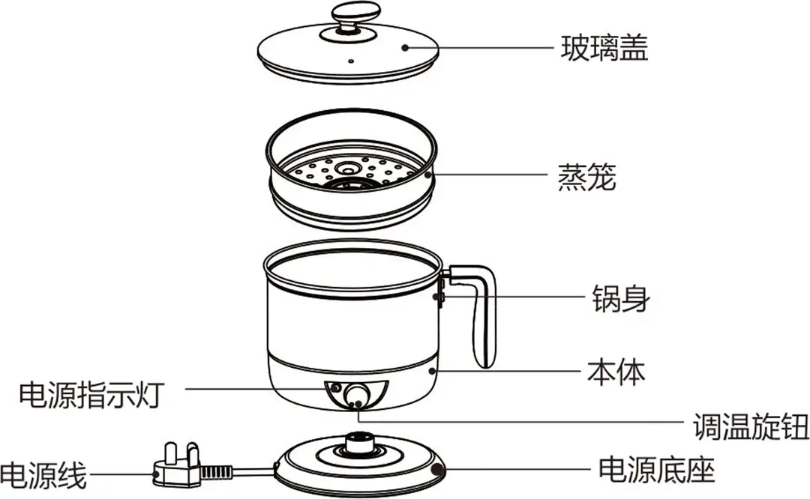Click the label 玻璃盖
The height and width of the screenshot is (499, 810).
click(x=604, y=48)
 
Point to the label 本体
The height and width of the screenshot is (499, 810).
click(x=616, y=371)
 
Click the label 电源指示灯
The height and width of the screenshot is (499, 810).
click(x=89, y=393)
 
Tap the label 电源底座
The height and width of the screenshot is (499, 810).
click(x=656, y=471)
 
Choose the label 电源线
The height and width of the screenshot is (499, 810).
click(x=43, y=475)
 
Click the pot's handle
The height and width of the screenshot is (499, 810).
click(x=479, y=315)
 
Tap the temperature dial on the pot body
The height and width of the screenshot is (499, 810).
click(x=357, y=395)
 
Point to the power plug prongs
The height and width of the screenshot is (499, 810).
click(x=175, y=456)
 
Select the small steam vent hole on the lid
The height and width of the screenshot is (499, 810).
click(x=350, y=58)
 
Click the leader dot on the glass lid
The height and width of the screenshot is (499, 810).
click(x=405, y=48)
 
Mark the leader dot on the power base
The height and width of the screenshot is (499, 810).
click(x=439, y=471)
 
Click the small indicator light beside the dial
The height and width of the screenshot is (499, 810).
click(x=335, y=388)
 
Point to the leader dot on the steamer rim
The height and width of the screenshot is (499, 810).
click(x=428, y=177)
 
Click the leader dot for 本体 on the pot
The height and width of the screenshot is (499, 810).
click(x=433, y=370)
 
